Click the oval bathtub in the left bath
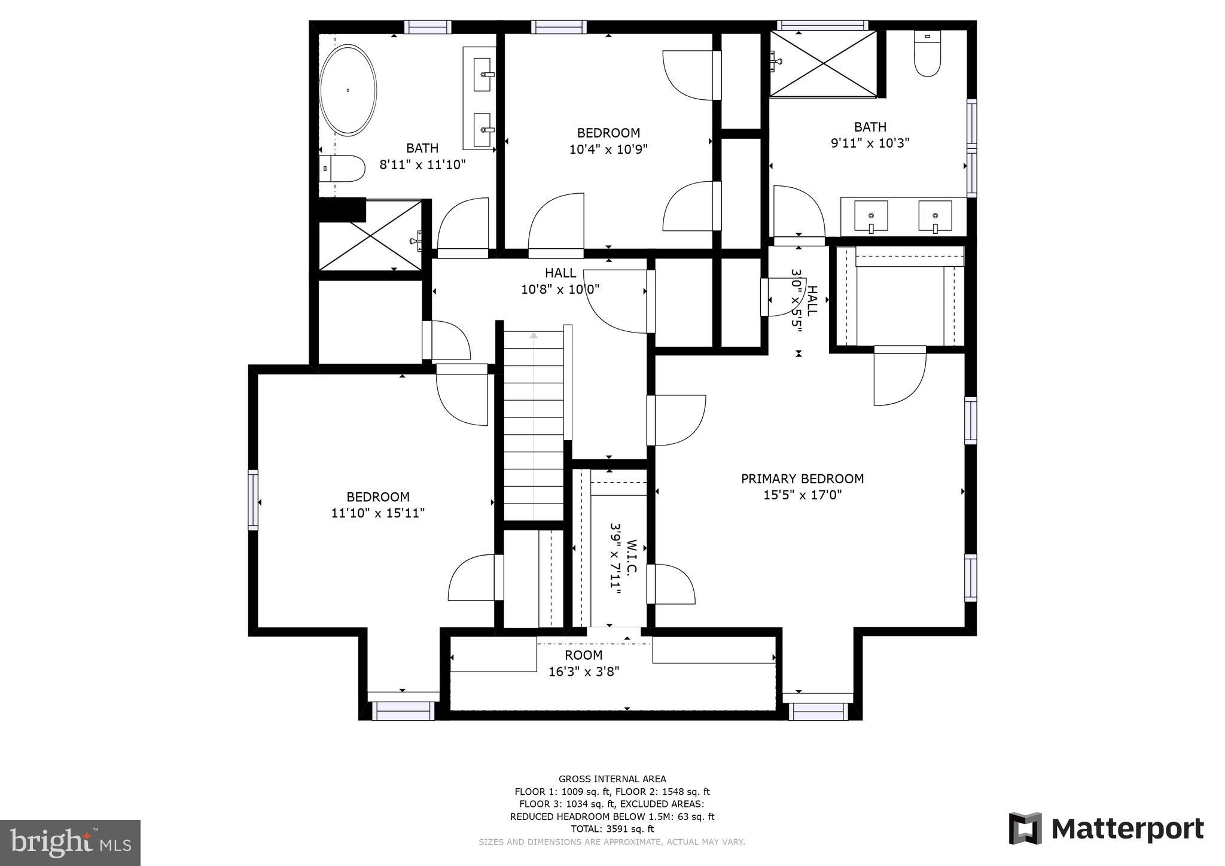[348, 90]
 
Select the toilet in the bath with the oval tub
[342, 169]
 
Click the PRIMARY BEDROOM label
[802, 478]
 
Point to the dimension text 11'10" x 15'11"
[378, 513]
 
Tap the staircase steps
[534, 425]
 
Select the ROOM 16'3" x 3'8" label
[584, 655]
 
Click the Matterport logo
[1107, 829]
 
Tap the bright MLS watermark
[70, 843]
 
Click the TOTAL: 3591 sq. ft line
[612, 829]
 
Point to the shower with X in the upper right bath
[824, 63]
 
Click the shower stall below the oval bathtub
[371, 236]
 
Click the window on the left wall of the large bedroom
[253, 500]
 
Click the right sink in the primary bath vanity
[935, 216]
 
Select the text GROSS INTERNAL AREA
[612, 779]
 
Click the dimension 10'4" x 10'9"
[608, 149]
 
